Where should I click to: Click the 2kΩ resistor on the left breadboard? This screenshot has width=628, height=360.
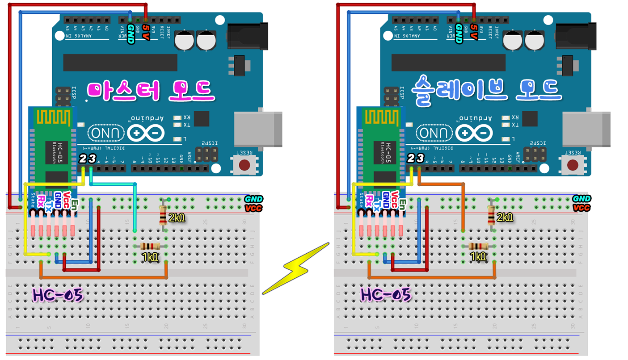pyautogui.click(x=163, y=216)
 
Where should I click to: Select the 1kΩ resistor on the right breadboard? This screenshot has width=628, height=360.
pyautogui.click(x=479, y=246)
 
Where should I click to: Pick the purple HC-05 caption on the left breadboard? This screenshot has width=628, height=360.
pyautogui.click(x=58, y=295)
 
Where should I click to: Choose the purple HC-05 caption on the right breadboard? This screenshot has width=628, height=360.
pyautogui.click(x=386, y=295)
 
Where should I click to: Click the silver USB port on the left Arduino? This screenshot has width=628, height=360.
pyautogui.click(x=258, y=129)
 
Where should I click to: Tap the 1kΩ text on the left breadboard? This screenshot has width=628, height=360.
pyautogui.click(x=150, y=257)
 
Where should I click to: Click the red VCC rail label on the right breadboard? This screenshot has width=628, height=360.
pyautogui.click(x=582, y=208)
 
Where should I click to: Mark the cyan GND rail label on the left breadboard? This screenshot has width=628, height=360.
pyautogui.click(x=253, y=199)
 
